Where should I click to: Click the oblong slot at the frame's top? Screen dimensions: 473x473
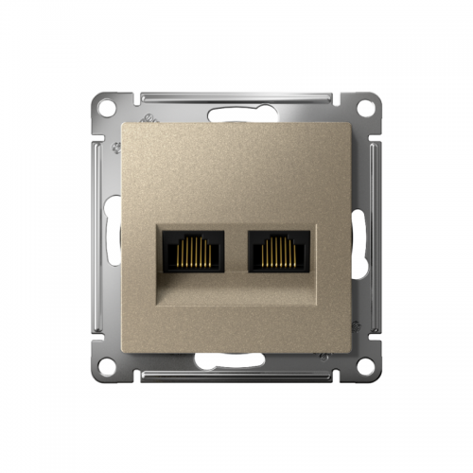tap(236, 115)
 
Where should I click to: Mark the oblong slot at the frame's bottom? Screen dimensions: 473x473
tap(236, 359)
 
